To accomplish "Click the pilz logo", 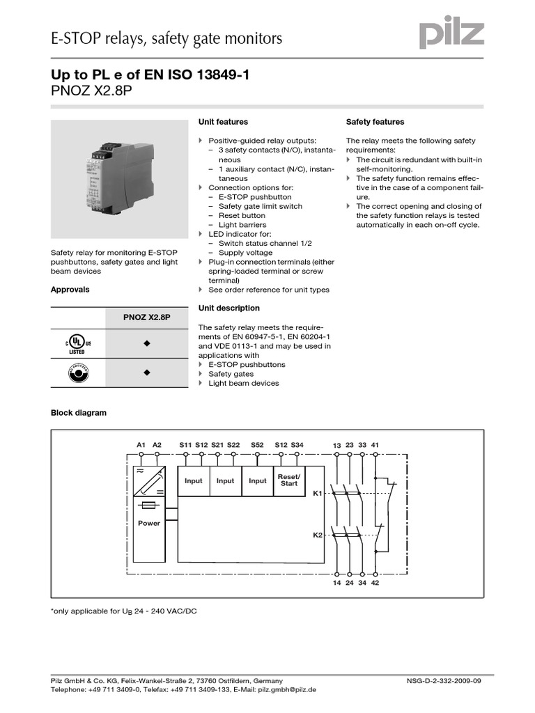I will (451, 34).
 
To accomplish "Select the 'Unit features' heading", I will (223, 122).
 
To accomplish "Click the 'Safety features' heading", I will (375, 122).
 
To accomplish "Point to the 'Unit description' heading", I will (228, 308).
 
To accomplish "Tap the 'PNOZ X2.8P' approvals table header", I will (147, 318).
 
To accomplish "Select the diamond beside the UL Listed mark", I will (147, 344).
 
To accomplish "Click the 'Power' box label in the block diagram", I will (149, 523).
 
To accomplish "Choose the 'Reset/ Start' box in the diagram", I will (288, 480).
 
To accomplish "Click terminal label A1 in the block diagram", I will (141, 444).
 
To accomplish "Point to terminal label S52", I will (257, 444).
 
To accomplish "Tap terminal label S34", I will (297, 444).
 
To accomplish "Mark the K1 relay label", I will (318, 494).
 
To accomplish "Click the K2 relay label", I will (318, 535).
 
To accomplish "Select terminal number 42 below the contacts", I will (375, 582).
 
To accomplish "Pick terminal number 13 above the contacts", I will (336, 445).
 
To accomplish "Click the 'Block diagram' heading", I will (79, 413).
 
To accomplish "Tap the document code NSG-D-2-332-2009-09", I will (443, 680).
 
